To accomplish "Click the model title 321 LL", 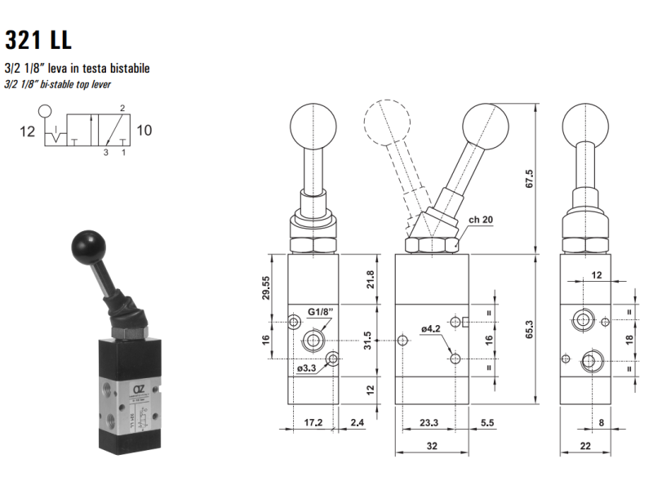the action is (38, 39).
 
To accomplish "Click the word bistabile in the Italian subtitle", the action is (129, 68).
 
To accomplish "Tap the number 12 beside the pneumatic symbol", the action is (28, 131).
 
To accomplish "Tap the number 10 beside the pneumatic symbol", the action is (144, 131).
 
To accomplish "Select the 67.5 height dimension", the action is (529, 179).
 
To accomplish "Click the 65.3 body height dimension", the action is (529, 329).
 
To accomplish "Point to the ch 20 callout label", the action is (481, 220).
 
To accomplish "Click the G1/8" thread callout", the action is (320, 312).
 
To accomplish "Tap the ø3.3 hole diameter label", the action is (307, 368).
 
